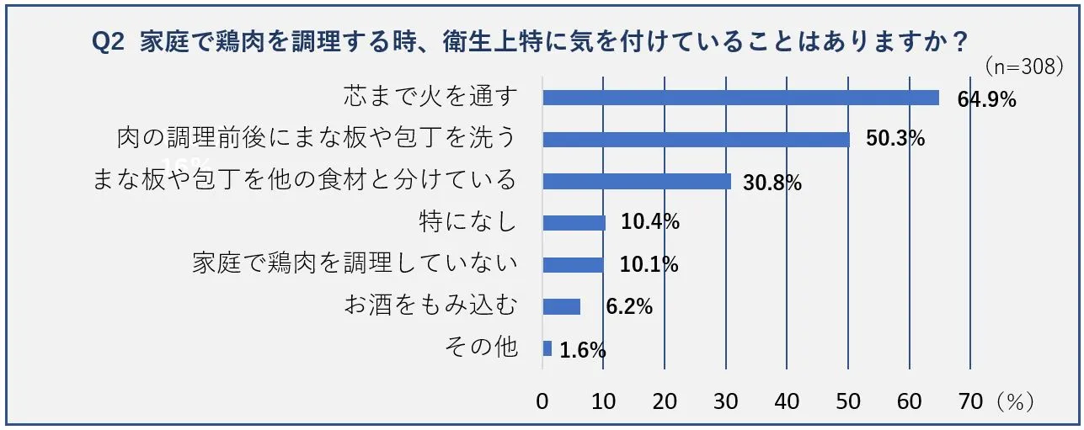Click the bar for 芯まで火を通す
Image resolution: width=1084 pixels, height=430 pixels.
pyautogui.click(x=740, y=98)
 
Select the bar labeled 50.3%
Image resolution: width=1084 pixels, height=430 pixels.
pyautogui.click(x=696, y=139)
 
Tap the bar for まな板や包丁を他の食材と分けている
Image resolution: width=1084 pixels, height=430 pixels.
pyautogui.click(x=637, y=181)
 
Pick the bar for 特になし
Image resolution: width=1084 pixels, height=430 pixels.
pyautogui.click(x=574, y=223)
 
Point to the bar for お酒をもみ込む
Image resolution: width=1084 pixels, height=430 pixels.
pyautogui.click(x=562, y=306)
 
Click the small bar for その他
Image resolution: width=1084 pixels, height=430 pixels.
pyautogui.click(x=547, y=348)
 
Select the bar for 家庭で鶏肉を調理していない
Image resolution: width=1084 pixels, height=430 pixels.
pyautogui.click(x=574, y=265)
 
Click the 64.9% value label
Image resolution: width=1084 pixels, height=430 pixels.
pyautogui.click(x=986, y=99)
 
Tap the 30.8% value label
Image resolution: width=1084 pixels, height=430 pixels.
pyautogui.click(x=772, y=183)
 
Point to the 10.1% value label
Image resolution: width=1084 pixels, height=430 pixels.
pyautogui.click(x=649, y=266)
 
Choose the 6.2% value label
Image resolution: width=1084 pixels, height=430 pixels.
pyautogui.click(x=629, y=308)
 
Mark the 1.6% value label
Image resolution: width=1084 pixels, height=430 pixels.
pyautogui.click(x=582, y=351)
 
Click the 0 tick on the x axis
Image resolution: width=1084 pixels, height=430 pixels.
pyautogui.click(x=543, y=401)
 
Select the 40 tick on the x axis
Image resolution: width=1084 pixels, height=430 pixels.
pyautogui.click(x=787, y=401)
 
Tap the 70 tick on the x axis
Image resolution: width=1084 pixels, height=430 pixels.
pyautogui.click(x=970, y=401)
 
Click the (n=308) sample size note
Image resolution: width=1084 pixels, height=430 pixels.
pyautogui.click(x=1024, y=67)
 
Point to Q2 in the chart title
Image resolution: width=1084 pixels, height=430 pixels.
pyautogui.click(x=108, y=41)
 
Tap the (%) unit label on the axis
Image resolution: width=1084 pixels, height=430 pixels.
pyautogui.click(x=1014, y=401)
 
